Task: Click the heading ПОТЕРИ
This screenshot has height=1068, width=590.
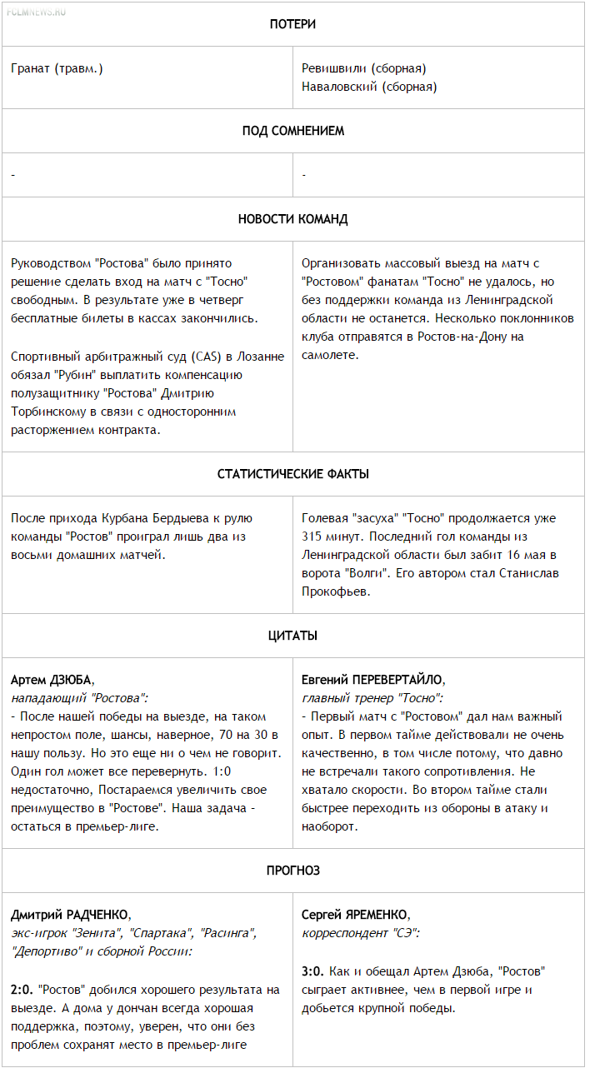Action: coord(292,24)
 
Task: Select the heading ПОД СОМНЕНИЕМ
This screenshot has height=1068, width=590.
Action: coord(292,131)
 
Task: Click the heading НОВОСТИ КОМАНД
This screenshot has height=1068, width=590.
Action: coord(292,219)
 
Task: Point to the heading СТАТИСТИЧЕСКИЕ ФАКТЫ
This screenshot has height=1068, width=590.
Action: coord(292,474)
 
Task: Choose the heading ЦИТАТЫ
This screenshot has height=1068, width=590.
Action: coord(292,636)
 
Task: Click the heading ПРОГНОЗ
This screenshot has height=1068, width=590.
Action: coord(292,871)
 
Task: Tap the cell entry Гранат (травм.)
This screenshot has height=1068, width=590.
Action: coord(57,68)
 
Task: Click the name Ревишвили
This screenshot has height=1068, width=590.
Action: coord(334,68)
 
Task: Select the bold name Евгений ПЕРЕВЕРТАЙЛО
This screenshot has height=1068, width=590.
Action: coord(372,680)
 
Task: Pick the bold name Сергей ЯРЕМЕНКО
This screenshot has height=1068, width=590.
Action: coord(355,915)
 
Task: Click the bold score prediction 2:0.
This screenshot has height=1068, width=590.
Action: coord(22,991)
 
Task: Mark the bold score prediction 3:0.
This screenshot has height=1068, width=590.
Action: coord(312,971)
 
